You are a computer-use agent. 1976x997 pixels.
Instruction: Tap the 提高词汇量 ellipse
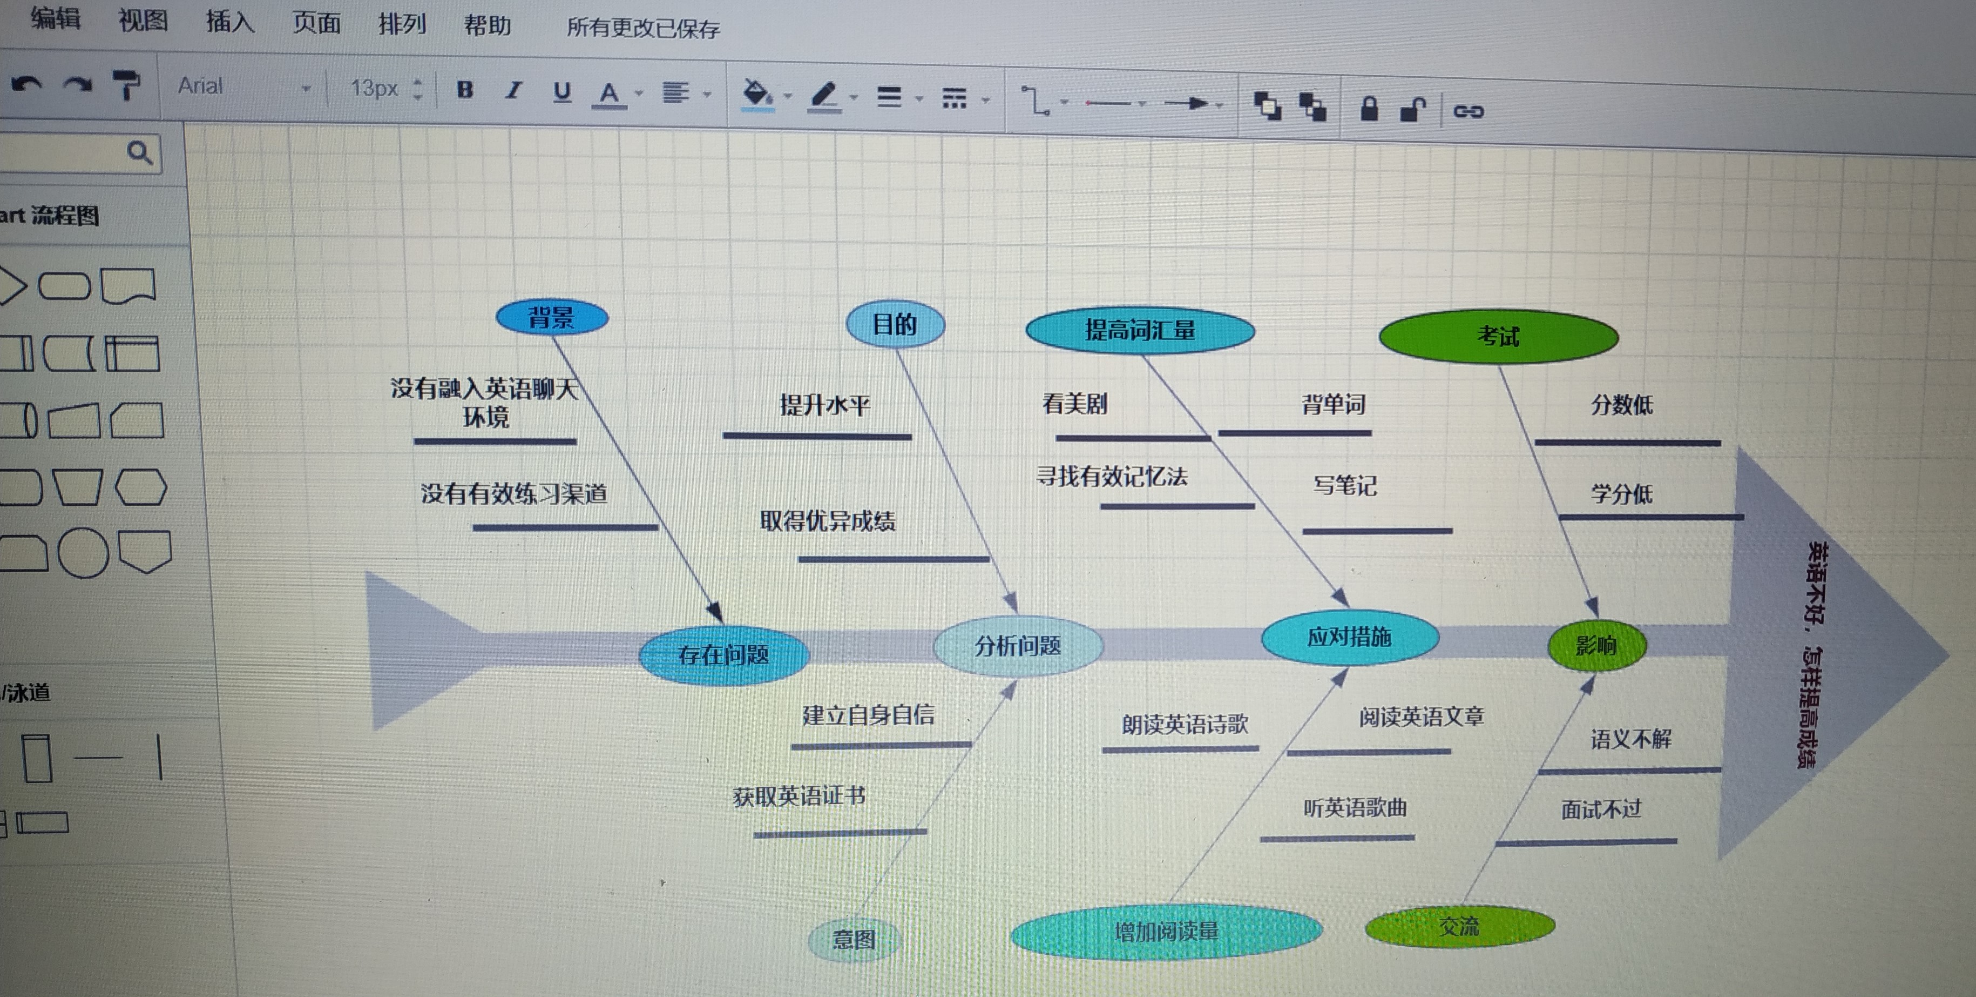click(1140, 331)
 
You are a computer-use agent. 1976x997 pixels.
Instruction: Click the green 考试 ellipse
click(1498, 336)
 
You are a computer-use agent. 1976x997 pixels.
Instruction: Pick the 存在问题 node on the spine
click(723, 655)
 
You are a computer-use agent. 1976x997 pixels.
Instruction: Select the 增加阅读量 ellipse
click(1166, 932)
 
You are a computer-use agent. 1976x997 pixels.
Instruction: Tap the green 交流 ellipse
click(1459, 926)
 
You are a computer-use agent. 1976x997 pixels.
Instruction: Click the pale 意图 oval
click(854, 939)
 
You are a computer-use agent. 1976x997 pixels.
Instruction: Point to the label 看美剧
click(1075, 404)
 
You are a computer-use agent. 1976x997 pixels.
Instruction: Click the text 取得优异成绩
click(828, 521)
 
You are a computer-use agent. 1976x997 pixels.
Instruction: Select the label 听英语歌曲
click(1355, 807)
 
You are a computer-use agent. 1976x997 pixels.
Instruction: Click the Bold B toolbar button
click(465, 90)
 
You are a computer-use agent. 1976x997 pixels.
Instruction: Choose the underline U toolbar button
click(562, 92)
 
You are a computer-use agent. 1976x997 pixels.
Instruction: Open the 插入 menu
click(229, 22)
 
